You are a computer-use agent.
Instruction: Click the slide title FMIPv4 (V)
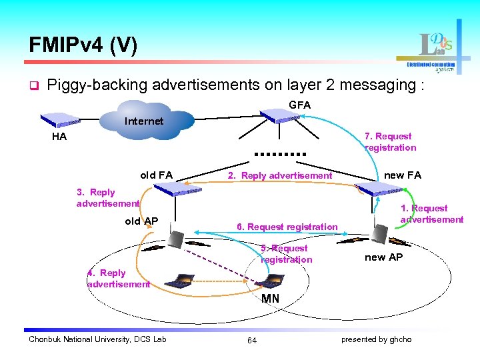(x=83, y=45)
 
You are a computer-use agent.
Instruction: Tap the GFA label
(x=299, y=105)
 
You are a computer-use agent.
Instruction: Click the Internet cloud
(x=144, y=121)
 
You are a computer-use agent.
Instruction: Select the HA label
(x=59, y=136)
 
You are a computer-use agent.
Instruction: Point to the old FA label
(x=156, y=175)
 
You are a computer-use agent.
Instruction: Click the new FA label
(x=403, y=175)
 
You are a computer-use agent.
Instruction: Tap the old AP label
(x=141, y=221)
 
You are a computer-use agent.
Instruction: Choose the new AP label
(x=384, y=257)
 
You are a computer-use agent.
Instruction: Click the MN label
(x=271, y=298)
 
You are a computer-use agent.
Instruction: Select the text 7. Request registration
(x=390, y=142)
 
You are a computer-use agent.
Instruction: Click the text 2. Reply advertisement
(x=280, y=175)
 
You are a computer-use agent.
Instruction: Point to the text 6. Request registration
(x=287, y=227)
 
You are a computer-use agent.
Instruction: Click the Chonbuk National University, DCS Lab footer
(x=97, y=339)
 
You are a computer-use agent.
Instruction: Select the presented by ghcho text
(x=376, y=339)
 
